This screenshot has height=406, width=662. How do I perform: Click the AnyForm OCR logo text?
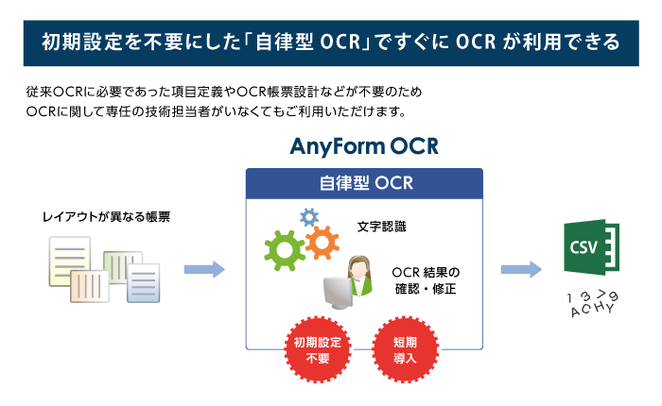(364, 148)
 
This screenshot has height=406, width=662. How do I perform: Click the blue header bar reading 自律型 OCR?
(364, 181)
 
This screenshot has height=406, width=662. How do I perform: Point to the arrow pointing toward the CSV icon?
(520, 269)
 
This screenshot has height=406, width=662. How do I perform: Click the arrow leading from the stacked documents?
(203, 269)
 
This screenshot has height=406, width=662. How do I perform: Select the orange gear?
(322, 242)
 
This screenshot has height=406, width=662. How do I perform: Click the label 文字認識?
(384, 228)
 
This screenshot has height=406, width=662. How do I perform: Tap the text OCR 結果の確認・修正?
(425, 280)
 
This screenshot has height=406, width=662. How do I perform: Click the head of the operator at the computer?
(360, 267)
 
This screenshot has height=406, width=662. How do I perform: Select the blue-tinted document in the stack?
(143, 281)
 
